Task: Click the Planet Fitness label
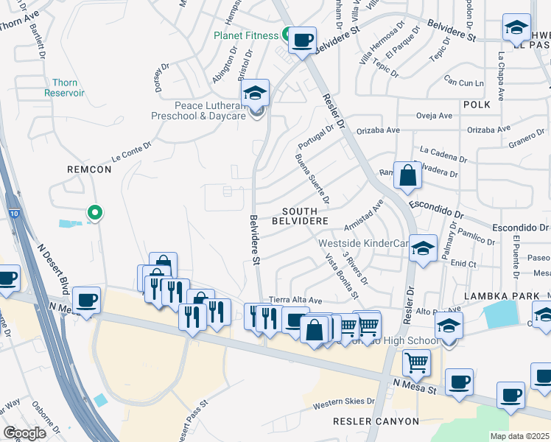coord(245,35)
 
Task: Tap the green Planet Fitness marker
coord(286,34)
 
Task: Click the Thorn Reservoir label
coord(64,88)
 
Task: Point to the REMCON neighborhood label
coord(89,169)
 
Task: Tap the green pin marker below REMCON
coord(94,213)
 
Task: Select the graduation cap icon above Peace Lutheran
coord(255,93)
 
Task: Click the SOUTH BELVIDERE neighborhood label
coord(300,216)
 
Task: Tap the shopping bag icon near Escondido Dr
coord(407,176)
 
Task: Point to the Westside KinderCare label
coord(363,243)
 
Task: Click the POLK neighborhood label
coord(477,105)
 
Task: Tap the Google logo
coord(24,433)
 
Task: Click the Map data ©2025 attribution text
coord(520,436)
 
